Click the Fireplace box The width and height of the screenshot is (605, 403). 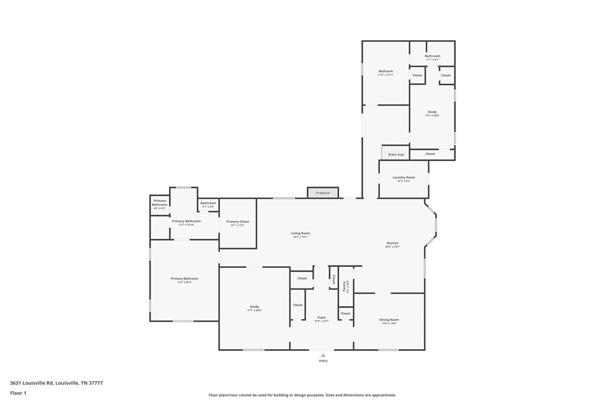(323, 193)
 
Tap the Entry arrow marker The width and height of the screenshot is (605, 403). (323, 355)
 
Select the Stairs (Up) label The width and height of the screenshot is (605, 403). (396, 155)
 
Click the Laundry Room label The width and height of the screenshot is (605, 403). (404, 178)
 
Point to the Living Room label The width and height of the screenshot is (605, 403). (300, 234)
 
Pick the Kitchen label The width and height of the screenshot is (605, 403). (392, 243)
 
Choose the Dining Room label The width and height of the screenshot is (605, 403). (389, 320)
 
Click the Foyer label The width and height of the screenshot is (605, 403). (321, 318)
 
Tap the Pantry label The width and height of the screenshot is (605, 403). (344, 286)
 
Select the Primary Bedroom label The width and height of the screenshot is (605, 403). (184, 279)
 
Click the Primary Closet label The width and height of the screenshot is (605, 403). (238, 222)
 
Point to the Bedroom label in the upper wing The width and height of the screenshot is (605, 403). (386, 71)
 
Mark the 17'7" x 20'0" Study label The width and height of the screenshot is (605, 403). (254, 307)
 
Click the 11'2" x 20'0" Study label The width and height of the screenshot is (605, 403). (432, 112)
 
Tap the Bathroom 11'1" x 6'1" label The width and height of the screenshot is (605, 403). (432, 56)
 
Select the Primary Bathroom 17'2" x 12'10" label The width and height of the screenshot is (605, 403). (186, 221)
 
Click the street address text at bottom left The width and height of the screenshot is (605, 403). (56, 383)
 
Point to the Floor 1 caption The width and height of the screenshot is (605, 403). (18, 393)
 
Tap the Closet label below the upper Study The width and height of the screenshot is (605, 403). (430, 154)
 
